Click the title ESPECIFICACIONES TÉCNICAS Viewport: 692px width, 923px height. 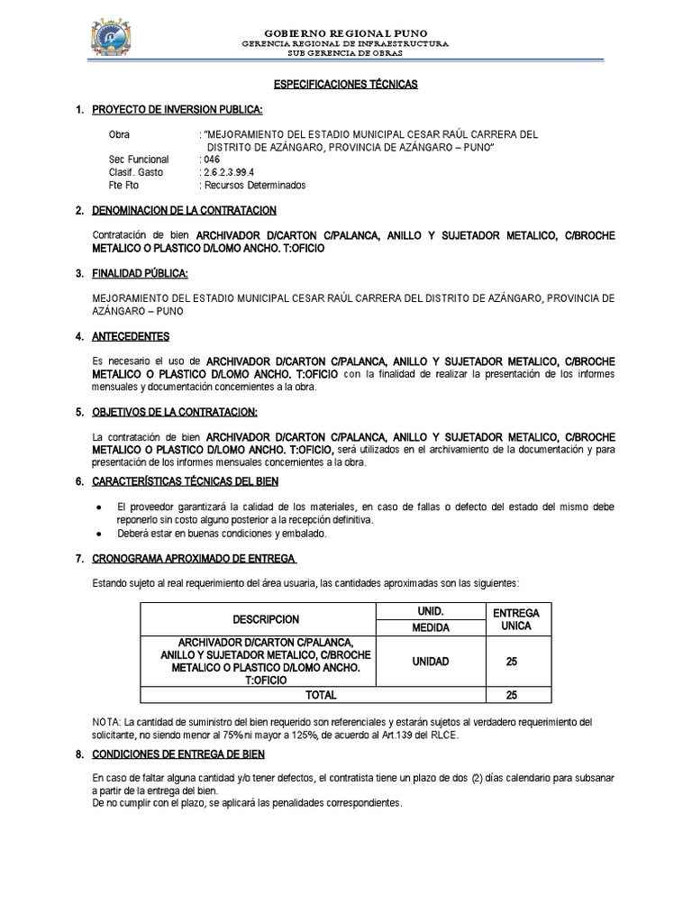(346, 84)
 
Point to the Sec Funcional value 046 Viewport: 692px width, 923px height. (212, 160)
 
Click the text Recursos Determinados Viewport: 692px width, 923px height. (255, 185)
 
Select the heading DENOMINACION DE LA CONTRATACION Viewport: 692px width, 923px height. (185, 210)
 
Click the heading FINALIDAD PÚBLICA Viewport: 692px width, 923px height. (141, 273)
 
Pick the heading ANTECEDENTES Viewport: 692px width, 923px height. (131, 336)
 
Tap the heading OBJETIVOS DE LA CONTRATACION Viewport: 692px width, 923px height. (175, 412)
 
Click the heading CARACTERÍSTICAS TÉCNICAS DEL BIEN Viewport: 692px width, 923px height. (186, 481)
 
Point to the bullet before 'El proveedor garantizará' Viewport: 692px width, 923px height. (97, 507)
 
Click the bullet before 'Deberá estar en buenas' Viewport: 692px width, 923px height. (97, 534)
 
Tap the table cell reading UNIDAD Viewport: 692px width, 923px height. (430, 661)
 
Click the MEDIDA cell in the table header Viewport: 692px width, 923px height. (430, 627)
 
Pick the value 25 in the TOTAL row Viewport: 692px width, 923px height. (511, 695)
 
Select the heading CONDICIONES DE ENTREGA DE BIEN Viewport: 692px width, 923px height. (178, 754)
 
